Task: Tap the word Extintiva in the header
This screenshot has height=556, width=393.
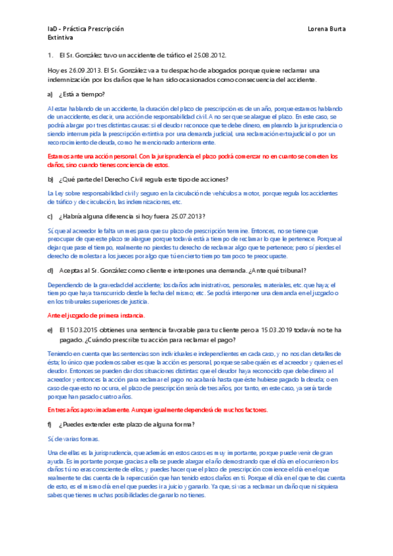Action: (x=60, y=39)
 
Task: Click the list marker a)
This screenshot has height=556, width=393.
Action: (x=51, y=94)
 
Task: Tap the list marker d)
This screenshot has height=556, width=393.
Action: (x=51, y=270)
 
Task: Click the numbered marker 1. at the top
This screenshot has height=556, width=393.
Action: (x=51, y=56)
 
